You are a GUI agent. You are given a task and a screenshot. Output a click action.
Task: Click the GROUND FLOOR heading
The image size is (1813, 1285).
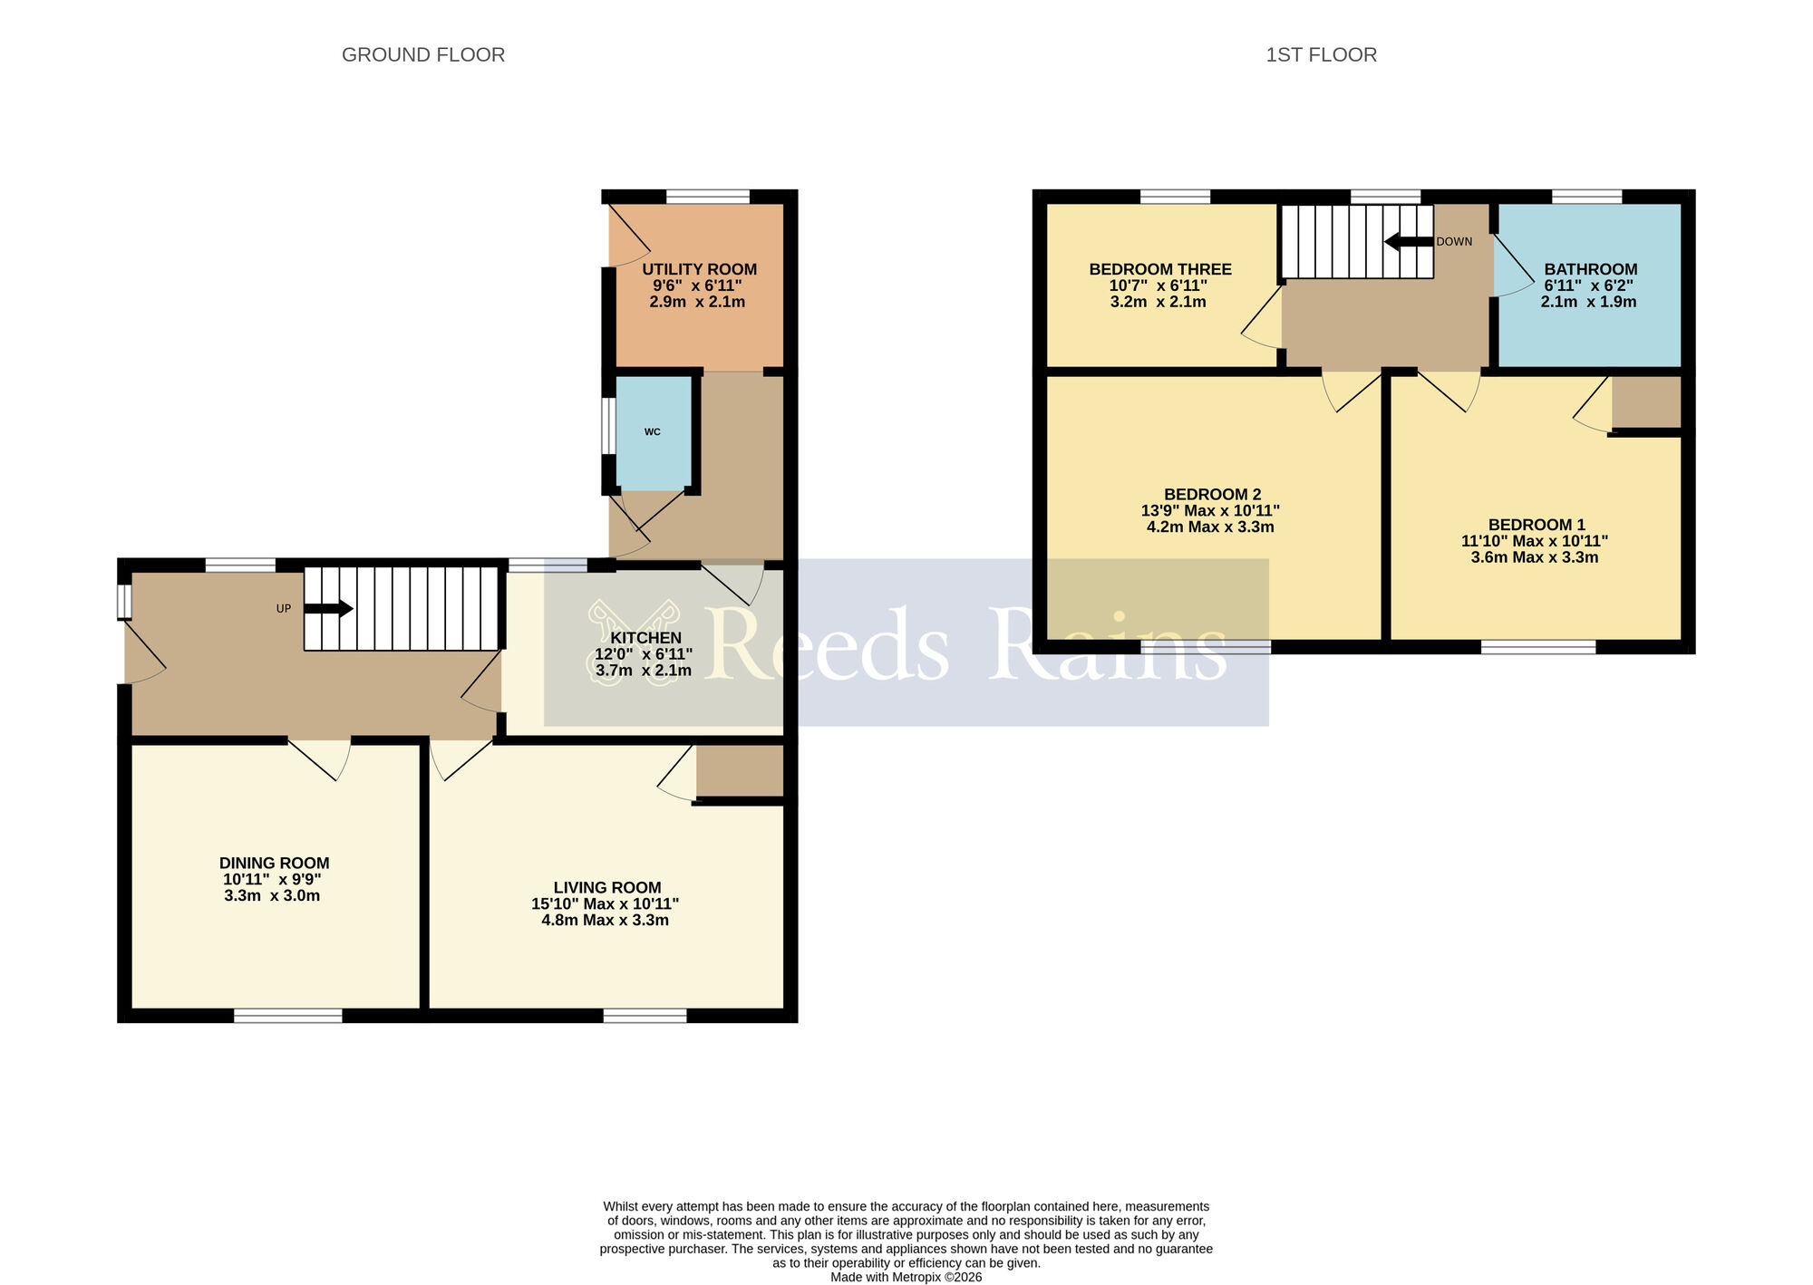tap(422, 55)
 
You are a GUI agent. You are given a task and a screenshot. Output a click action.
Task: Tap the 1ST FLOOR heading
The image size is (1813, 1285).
tap(1321, 55)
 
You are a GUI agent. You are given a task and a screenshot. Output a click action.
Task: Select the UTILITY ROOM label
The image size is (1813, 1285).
tap(699, 269)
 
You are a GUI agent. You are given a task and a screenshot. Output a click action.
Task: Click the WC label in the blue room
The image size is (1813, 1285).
tap(653, 432)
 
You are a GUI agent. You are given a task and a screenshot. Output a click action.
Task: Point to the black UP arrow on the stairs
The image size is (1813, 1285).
tap(328, 609)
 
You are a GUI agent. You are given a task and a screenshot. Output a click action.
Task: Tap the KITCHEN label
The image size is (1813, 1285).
tap(645, 638)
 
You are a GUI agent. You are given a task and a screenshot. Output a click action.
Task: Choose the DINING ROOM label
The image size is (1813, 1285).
tap(274, 864)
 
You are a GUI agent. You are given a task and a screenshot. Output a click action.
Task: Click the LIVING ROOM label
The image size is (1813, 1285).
tap(607, 888)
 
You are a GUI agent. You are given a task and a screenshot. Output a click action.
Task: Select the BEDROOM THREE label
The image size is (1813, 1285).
tap(1159, 269)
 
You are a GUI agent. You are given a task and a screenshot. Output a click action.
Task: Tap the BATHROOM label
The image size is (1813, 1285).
tap(1590, 269)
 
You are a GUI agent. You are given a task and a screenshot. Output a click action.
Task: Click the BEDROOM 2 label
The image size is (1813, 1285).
tap(1212, 495)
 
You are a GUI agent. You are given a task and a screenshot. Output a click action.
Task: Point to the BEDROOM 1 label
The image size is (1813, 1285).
tap(1537, 525)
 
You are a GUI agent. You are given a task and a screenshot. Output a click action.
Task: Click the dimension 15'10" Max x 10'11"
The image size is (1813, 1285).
tap(605, 904)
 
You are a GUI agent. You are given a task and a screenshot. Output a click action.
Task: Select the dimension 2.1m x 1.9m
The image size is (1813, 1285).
tap(1588, 302)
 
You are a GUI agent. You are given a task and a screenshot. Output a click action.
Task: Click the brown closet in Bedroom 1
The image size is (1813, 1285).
tap(1646, 402)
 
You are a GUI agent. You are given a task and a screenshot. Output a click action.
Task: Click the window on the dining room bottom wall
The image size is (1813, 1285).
tap(288, 1016)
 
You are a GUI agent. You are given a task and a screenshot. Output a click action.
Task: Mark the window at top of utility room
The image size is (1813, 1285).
tap(708, 197)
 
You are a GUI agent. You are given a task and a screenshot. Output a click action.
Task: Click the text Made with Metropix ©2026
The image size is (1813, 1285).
tap(906, 1277)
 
